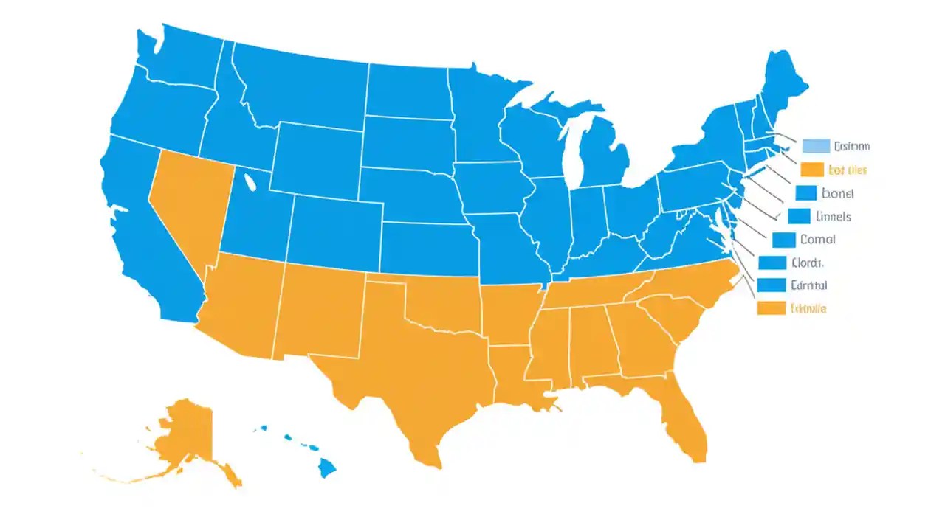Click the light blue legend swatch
point(815,146)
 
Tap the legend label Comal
point(817,240)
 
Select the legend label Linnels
point(834,217)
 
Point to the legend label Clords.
point(807,263)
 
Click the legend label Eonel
point(837,194)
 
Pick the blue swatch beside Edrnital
point(772,285)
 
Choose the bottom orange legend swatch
point(772,308)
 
